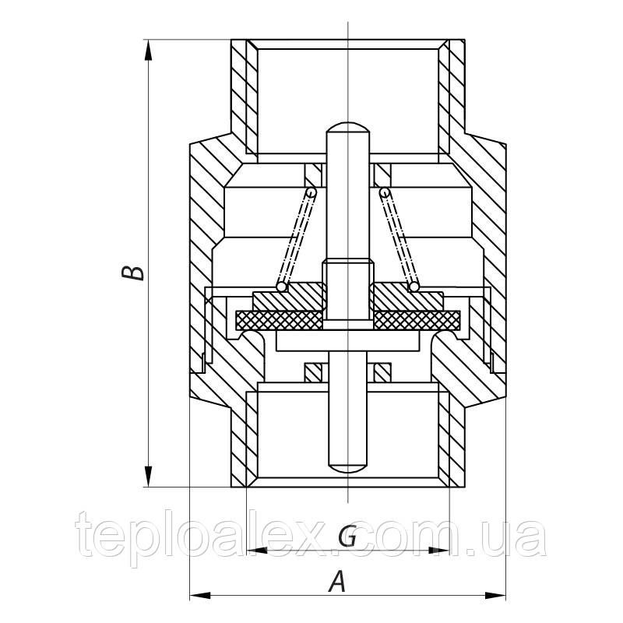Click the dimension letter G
click(347, 537)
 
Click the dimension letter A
click(337, 581)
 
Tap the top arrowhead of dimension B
click(148, 51)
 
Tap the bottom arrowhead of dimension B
click(148, 476)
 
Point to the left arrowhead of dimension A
click(200, 596)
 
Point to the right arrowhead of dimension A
click(495, 596)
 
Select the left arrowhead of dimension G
click(257, 551)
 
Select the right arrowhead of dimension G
click(439, 551)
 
